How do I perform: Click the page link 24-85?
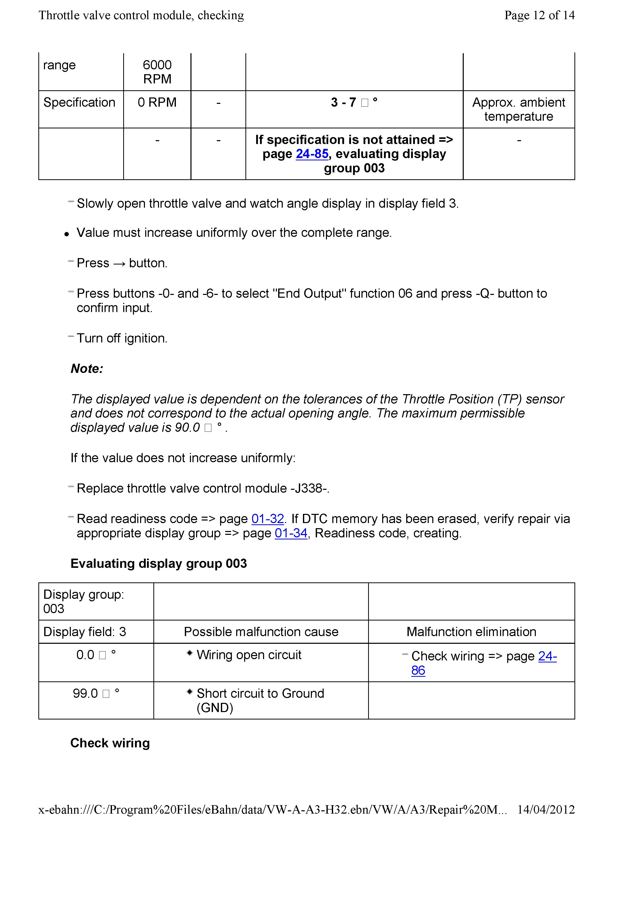coord(312,154)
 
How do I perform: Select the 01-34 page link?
coord(291,533)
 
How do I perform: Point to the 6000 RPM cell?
coord(157,72)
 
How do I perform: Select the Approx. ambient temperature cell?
coord(518,109)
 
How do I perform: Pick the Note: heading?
coord(87,369)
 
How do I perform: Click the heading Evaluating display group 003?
coord(158,564)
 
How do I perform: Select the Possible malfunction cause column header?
coord(261,632)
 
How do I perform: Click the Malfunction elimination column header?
coord(471,632)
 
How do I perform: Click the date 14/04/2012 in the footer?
coord(546,810)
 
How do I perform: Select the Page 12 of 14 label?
coord(539,15)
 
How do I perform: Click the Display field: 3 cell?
coord(85,632)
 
